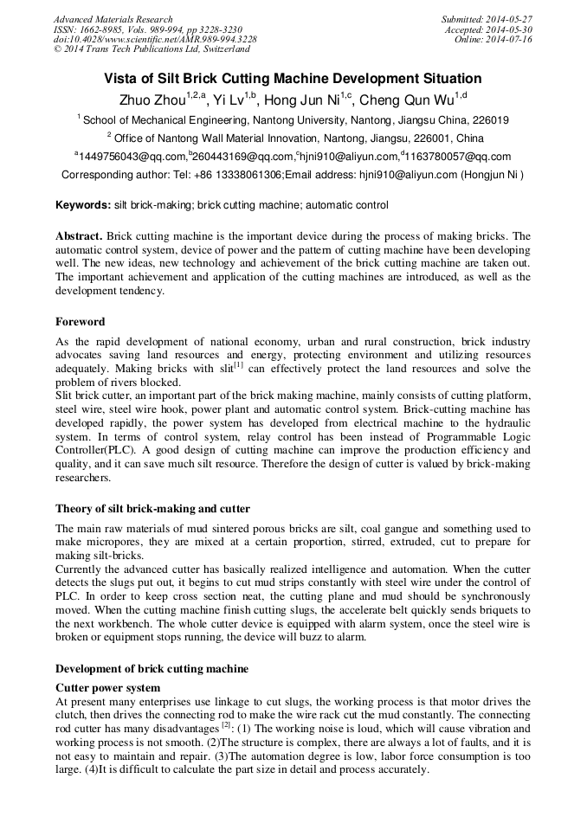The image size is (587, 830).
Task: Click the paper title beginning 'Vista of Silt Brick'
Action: (293, 78)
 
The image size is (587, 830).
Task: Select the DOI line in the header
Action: (155, 40)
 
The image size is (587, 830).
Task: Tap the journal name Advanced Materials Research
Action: (113, 19)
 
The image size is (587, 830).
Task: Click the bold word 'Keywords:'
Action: (82, 205)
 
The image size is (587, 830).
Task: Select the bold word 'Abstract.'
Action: (80, 236)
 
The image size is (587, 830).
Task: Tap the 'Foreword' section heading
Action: (81, 322)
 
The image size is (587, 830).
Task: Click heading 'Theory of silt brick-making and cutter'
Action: (152, 509)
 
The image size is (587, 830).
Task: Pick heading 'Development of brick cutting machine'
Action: (152, 669)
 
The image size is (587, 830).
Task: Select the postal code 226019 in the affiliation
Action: (489, 120)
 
